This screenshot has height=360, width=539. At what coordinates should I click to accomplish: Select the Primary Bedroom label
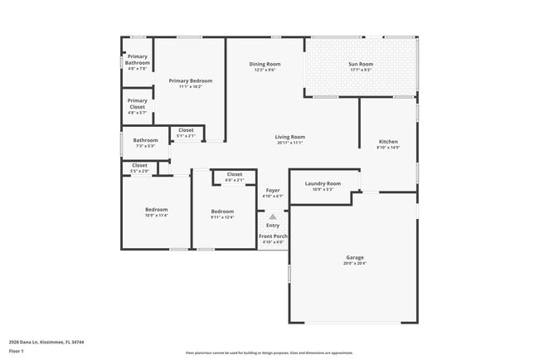click(x=191, y=81)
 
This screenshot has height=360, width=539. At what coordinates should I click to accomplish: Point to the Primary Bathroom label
click(x=137, y=60)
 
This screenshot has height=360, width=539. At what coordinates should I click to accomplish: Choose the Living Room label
click(x=290, y=138)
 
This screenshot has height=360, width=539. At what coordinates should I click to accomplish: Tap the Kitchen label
click(x=388, y=143)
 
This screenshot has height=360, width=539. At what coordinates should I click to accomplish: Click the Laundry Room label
click(x=323, y=184)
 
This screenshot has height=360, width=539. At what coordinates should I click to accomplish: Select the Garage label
click(x=354, y=258)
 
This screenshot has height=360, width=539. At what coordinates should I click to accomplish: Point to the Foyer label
click(x=273, y=192)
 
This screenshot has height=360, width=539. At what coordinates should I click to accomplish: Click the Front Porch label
click(x=273, y=237)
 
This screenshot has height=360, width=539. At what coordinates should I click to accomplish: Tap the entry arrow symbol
click(x=273, y=216)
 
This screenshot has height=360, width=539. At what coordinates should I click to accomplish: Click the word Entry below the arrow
click(x=273, y=225)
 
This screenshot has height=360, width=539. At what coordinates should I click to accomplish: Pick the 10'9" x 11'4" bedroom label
click(x=157, y=211)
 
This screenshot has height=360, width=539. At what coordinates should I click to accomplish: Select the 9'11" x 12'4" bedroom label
click(x=222, y=212)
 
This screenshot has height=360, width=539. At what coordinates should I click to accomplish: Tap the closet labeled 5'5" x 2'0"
click(x=139, y=167)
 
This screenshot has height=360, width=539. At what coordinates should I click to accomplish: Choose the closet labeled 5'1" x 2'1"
click(x=186, y=131)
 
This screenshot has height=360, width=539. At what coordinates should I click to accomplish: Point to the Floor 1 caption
click(x=17, y=351)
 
